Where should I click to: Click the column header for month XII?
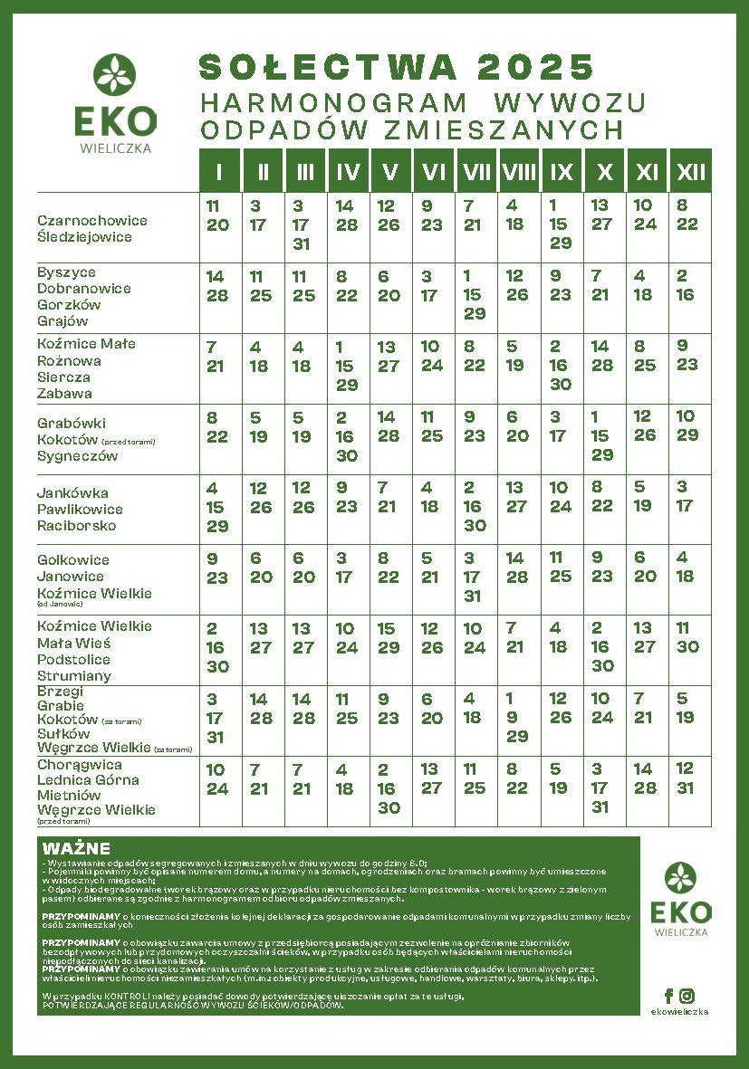691,171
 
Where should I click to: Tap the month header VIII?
518,171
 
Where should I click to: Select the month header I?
219,171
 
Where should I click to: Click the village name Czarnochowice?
91,220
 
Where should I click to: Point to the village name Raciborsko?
76,526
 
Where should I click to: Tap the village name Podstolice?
74,659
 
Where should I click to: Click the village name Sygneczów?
78,456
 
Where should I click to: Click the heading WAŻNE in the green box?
76,849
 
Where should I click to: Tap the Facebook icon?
669,996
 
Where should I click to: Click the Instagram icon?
687,996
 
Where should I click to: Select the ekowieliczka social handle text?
678,1012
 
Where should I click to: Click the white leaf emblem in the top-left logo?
115,75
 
